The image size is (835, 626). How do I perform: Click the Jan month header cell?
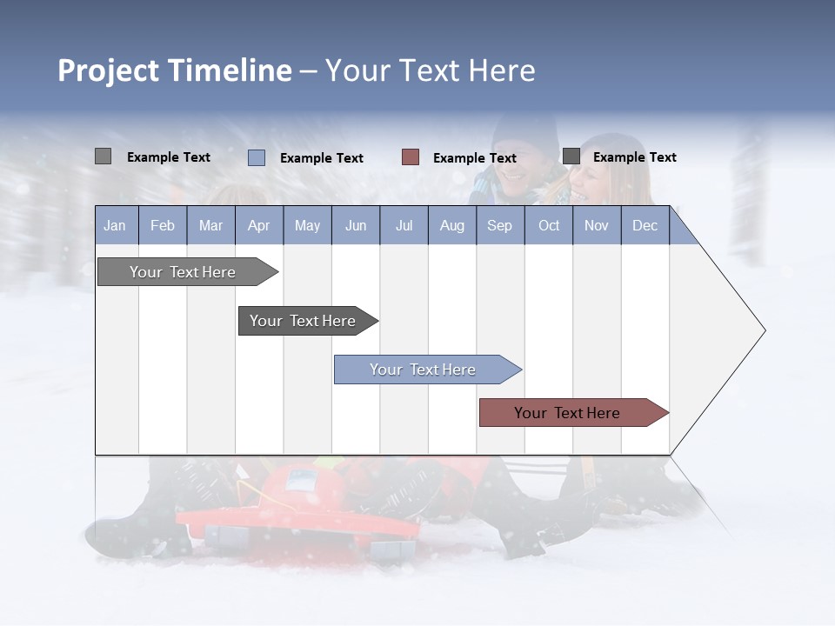pyautogui.click(x=116, y=225)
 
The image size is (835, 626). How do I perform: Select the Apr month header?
pyautogui.click(x=259, y=225)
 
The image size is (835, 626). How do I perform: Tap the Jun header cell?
pyautogui.click(x=356, y=225)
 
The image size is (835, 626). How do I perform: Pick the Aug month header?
pyautogui.click(x=452, y=225)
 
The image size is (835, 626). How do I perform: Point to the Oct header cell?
pyautogui.click(x=549, y=225)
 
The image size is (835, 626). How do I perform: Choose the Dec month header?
pyautogui.click(x=645, y=225)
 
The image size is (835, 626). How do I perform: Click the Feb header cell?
pyautogui.click(x=163, y=225)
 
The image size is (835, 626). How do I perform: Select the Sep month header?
pyautogui.click(x=500, y=225)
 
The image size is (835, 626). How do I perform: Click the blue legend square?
pyautogui.click(x=257, y=157)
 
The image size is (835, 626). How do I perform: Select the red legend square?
pyautogui.click(x=411, y=157)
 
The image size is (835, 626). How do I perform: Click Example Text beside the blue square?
pyautogui.click(x=322, y=158)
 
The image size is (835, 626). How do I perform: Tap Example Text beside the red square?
pyautogui.click(x=475, y=158)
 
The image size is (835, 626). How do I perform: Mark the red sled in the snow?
pyautogui.click(x=296, y=517)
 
